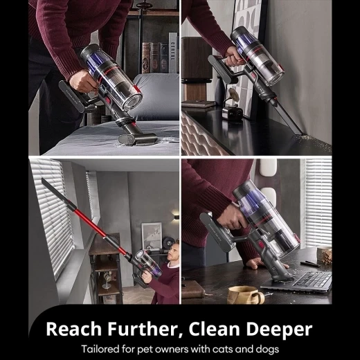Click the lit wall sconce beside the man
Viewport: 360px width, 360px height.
pos(175,215)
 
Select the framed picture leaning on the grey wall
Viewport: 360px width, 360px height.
pos(150,235)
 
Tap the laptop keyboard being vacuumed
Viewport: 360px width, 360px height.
pos(312,280)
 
